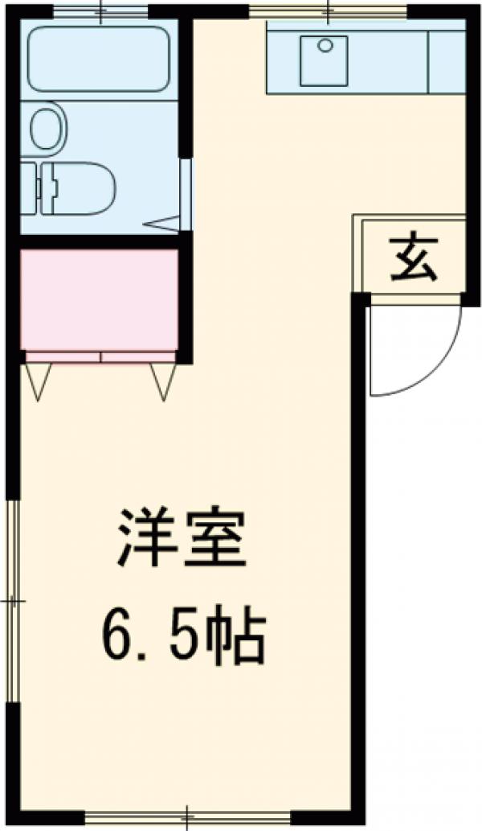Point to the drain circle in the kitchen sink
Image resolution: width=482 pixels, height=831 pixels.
[325, 45]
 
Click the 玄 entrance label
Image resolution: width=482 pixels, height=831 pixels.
[415, 258]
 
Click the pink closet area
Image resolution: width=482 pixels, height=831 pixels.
[98, 298]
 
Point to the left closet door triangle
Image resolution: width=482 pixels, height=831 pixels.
[38, 379]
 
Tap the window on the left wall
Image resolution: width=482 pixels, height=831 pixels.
[12, 599]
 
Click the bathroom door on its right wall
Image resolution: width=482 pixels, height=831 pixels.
[186, 193]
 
